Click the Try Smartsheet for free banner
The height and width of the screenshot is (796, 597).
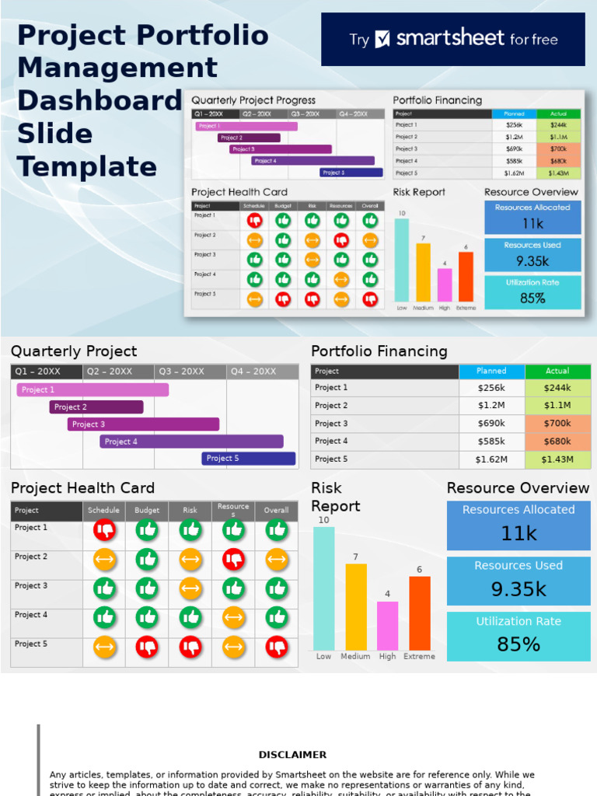[x=452, y=39]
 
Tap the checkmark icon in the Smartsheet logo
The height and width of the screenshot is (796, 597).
[x=382, y=39]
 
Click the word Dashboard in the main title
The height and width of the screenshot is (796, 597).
[x=99, y=101]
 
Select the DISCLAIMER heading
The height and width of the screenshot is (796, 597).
[x=292, y=755]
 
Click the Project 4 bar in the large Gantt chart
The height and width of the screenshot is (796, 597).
[x=191, y=442]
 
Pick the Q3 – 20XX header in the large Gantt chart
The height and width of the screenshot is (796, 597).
[x=190, y=372]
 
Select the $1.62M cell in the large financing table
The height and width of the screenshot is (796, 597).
[x=491, y=459]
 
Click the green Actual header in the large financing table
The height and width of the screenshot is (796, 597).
[x=557, y=372]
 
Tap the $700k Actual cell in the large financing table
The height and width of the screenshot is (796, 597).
[x=557, y=424]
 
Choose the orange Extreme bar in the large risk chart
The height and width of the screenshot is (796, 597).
[x=420, y=613]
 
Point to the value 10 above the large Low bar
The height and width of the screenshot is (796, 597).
[x=323, y=520]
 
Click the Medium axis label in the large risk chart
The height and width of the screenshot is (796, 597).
[x=355, y=657]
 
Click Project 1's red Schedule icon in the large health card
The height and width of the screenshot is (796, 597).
[x=104, y=530]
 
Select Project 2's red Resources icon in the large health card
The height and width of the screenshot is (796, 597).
[x=233, y=559]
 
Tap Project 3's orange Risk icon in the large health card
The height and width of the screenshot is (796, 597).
[x=190, y=588]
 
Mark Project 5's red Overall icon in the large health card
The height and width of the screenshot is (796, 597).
[x=277, y=647]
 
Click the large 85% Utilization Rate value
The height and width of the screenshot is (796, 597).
[x=518, y=644]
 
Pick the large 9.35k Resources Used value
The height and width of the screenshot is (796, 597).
[x=518, y=589]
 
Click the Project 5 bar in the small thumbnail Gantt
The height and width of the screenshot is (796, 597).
[x=351, y=173]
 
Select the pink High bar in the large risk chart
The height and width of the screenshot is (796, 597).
[x=387, y=626]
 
